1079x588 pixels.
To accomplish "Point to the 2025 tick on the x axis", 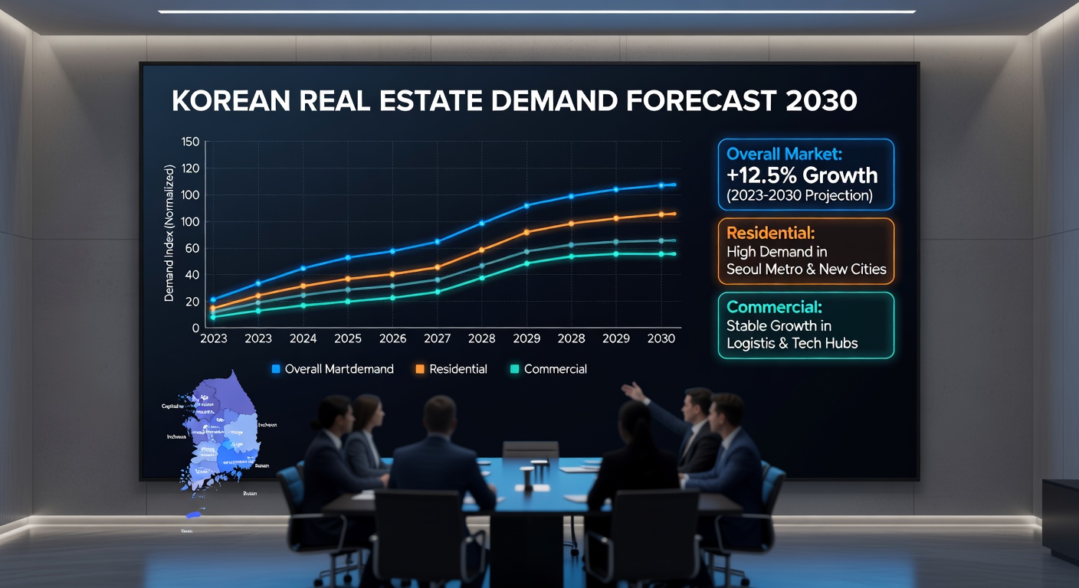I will click(x=348, y=338).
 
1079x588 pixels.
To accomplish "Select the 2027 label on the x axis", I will click(x=437, y=338).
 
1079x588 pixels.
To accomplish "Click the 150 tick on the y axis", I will click(x=190, y=142).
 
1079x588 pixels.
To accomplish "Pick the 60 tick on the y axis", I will click(x=192, y=248).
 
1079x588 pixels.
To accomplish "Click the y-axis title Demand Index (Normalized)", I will click(x=169, y=234).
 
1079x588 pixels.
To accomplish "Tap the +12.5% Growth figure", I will click(x=802, y=175).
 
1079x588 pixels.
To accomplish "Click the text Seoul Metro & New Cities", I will click(x=806, y=269).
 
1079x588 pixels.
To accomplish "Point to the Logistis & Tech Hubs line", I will click(x=792, y=343).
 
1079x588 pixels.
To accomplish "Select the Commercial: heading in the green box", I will click(x=774, y=307).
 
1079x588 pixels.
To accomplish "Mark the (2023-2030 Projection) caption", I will click(x=800, y=195).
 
